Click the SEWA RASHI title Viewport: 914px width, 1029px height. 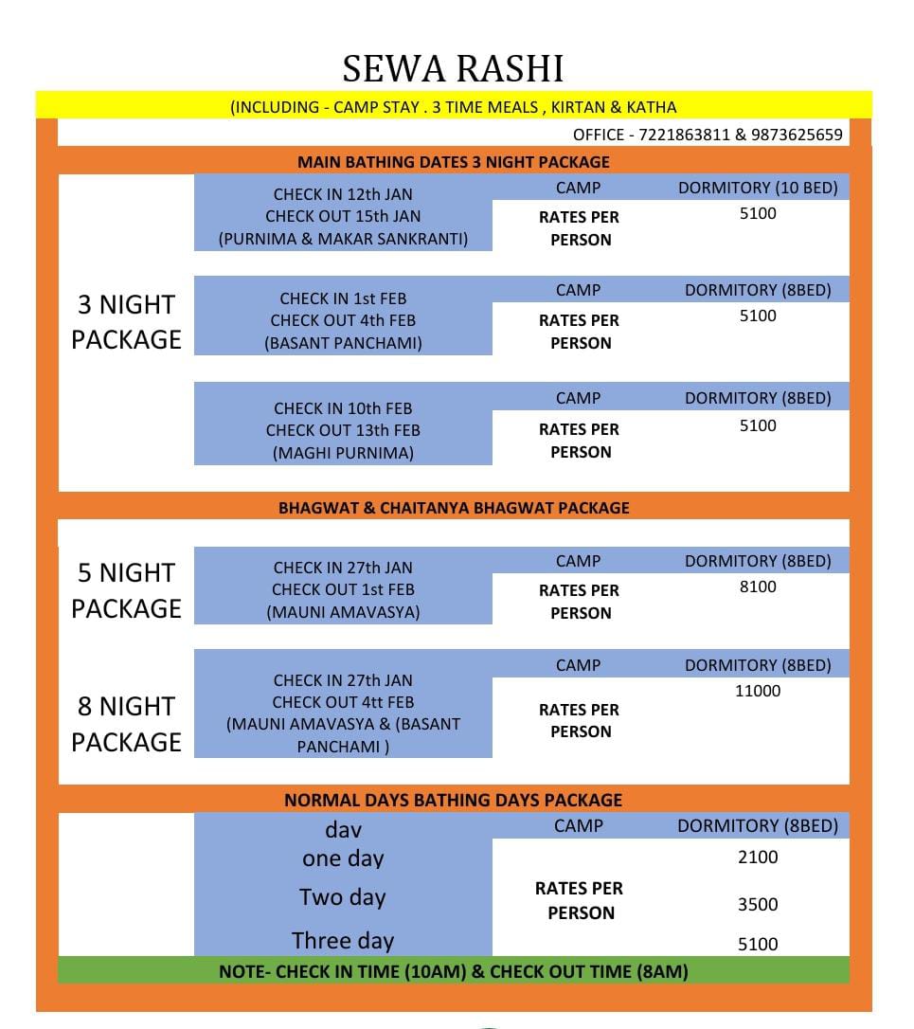coord(453,68)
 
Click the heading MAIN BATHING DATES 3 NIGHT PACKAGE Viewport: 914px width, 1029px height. coord(454,162)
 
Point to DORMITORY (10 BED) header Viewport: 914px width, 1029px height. coord(758,188)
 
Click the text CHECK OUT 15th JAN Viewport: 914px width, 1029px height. coord(343,216)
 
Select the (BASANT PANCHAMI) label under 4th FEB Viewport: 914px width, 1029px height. coord(343,343)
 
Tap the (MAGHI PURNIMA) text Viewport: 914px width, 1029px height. coord(343,453)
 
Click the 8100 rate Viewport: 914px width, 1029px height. coord(758,587)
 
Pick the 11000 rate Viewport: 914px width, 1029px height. coord(758,691)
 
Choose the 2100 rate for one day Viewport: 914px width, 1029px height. coord(758,857)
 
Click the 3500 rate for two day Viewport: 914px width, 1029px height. coord(758,905)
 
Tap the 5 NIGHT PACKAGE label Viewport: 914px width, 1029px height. coord(126,590)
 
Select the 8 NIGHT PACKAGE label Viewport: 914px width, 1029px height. coord(126,724)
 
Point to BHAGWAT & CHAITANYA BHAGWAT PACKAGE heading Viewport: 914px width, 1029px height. coord(454,508)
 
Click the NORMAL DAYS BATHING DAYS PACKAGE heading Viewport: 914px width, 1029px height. coord(454,801)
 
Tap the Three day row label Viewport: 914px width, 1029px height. coord(343,941)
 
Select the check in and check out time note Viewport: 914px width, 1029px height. coord(454,971)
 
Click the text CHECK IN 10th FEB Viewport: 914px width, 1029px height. coord(343,408)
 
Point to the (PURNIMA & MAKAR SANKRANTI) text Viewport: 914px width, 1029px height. coord(343,239)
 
